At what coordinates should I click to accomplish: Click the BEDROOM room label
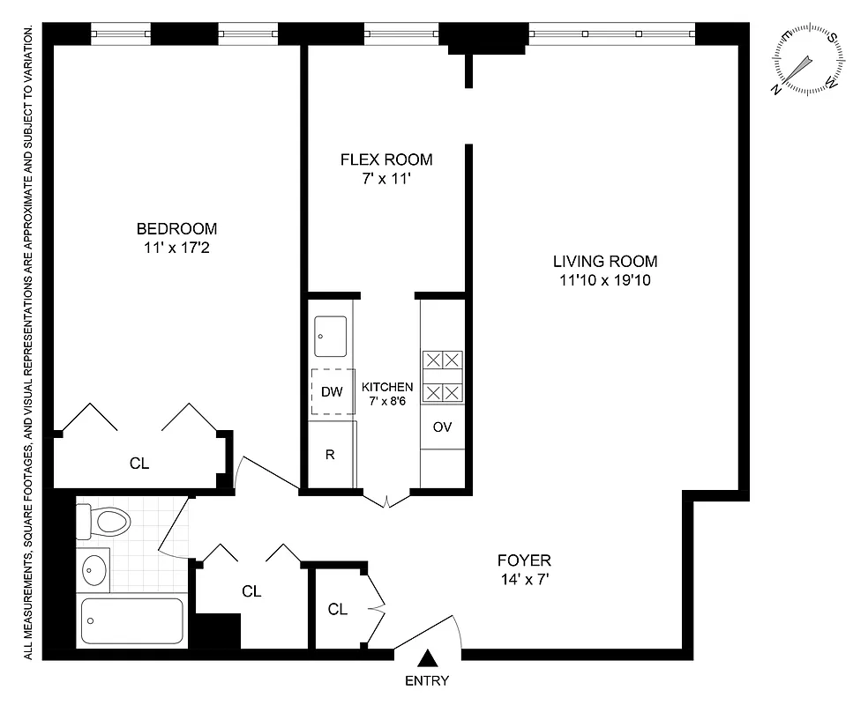(176, 228)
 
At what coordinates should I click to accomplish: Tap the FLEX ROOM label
(386, 160)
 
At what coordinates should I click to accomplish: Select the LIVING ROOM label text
(604, 261)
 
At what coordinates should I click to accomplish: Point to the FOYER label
(524, 560)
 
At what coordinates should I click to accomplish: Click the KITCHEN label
(387, 387)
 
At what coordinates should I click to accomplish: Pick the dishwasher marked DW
(332, 392)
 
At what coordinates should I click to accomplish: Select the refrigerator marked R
(330, 455)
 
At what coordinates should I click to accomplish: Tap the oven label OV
(442, 427)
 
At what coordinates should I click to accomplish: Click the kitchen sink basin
(333, 337)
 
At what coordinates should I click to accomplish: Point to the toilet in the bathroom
(103, 521)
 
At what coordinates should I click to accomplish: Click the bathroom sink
(94, 571)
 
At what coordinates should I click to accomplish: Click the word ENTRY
(427, 680)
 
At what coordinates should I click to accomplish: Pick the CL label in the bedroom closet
(138, 463)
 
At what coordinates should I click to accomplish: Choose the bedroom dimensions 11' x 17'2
(176, 249)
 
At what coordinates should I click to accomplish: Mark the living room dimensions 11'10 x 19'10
(604, 281)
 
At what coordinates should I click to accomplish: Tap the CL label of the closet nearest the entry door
(337, 609)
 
